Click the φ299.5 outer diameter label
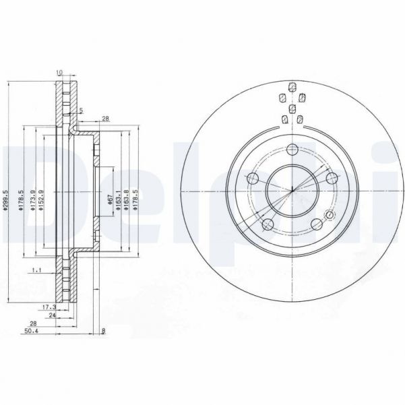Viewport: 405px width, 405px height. pos(5,199)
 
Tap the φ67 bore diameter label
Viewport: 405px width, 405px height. pos(109,199)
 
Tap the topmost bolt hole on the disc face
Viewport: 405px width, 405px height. pos(292,150)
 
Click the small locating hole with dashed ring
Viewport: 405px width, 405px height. pos(330,216)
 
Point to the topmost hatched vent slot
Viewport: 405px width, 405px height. pos(292,87)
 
